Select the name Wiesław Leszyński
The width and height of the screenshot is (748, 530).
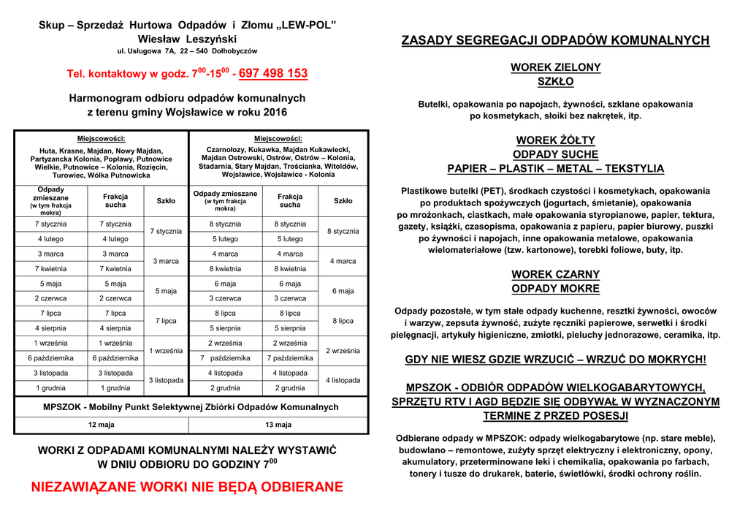click(187, 39)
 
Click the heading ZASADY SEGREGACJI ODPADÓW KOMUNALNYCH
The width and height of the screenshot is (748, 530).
click(555, 40)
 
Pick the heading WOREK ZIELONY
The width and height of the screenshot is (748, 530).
click(555, 67)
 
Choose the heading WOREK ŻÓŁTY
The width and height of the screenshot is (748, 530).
click(555, 140)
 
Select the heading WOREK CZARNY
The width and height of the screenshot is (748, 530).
click(555, 274)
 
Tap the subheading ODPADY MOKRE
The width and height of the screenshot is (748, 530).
click(555, 289)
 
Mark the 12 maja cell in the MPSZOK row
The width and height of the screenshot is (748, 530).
click(101, 425)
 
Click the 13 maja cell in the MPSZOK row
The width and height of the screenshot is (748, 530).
click(278, 425)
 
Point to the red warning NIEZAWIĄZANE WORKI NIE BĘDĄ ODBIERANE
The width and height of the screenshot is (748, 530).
click(187, 488)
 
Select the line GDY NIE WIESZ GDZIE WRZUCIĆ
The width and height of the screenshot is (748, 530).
click(555, 360)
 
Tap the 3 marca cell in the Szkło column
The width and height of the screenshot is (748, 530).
click(166, 261)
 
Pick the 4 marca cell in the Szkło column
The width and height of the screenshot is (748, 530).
click(343, 261)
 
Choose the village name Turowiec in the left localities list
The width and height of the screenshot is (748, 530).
click(70, 175)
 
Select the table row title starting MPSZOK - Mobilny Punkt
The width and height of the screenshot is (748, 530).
click(191, 406)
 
